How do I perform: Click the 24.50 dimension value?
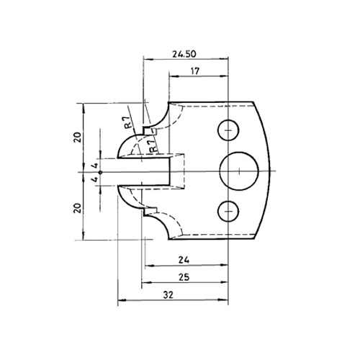(x=184, y=54)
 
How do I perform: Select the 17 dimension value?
(x=195, y=71)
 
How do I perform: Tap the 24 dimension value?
(x=184, y=260)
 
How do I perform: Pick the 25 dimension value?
(x=184, y=277)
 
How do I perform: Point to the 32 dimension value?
(x=168, y=294)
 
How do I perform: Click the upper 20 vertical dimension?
(x=78, y=138)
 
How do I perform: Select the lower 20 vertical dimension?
(x=78, y=208)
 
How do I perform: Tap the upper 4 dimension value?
(x=95, y=166)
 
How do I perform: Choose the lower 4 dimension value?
(x=95, y=179)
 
